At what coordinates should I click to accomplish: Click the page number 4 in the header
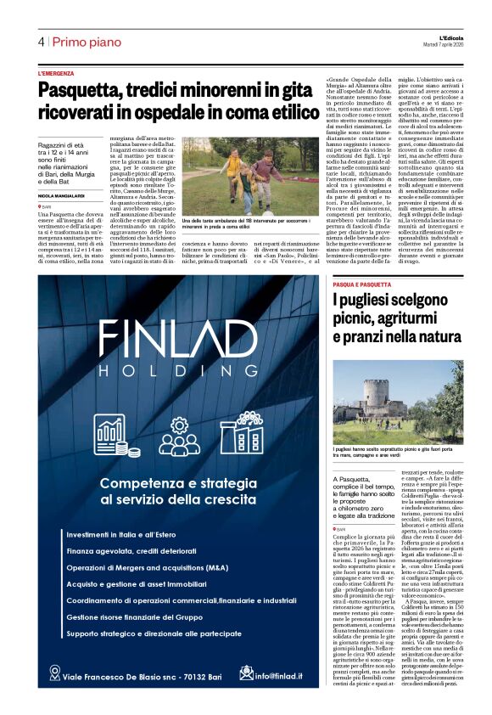tap(41, 42)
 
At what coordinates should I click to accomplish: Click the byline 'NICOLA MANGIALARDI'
tap(65, 195)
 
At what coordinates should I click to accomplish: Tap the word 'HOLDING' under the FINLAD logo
tap(179, 371)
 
